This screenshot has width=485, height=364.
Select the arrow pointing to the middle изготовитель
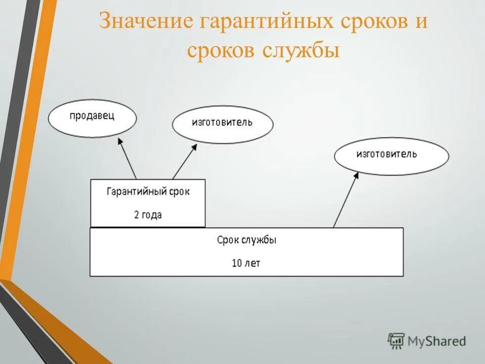[184, 162]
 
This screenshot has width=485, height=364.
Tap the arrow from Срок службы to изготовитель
[346, 200]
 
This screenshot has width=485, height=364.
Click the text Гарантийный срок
[148, 192]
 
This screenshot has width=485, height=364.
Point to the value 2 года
[148, 214]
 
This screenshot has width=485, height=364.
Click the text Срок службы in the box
[247, 241]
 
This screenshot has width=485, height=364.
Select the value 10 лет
[246, 263]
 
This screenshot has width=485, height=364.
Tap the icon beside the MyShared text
[396, 341]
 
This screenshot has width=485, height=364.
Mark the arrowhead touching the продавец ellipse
[120, 142]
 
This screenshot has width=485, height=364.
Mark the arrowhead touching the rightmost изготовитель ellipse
[356, 175]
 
